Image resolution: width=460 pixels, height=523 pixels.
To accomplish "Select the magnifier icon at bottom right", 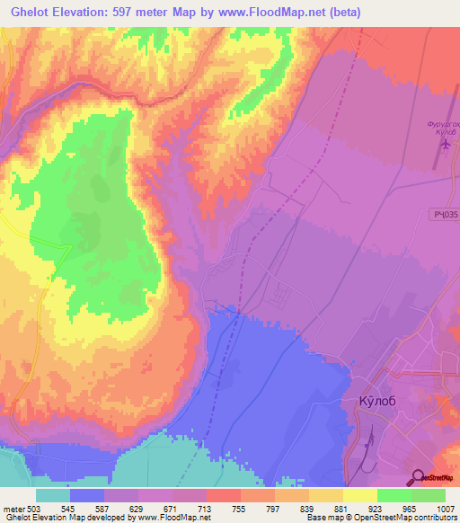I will (x=417, y=478).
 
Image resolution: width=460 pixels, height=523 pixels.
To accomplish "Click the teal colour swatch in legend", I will (x=53, y=495).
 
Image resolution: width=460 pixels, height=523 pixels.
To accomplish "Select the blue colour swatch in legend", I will (x=87, y=495).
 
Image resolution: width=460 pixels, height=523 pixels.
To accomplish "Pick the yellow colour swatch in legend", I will (x=360, y=495).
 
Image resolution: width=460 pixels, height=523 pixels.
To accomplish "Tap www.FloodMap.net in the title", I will (x=285, y=12).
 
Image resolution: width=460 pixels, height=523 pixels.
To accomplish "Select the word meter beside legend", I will (x=14, y=508).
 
